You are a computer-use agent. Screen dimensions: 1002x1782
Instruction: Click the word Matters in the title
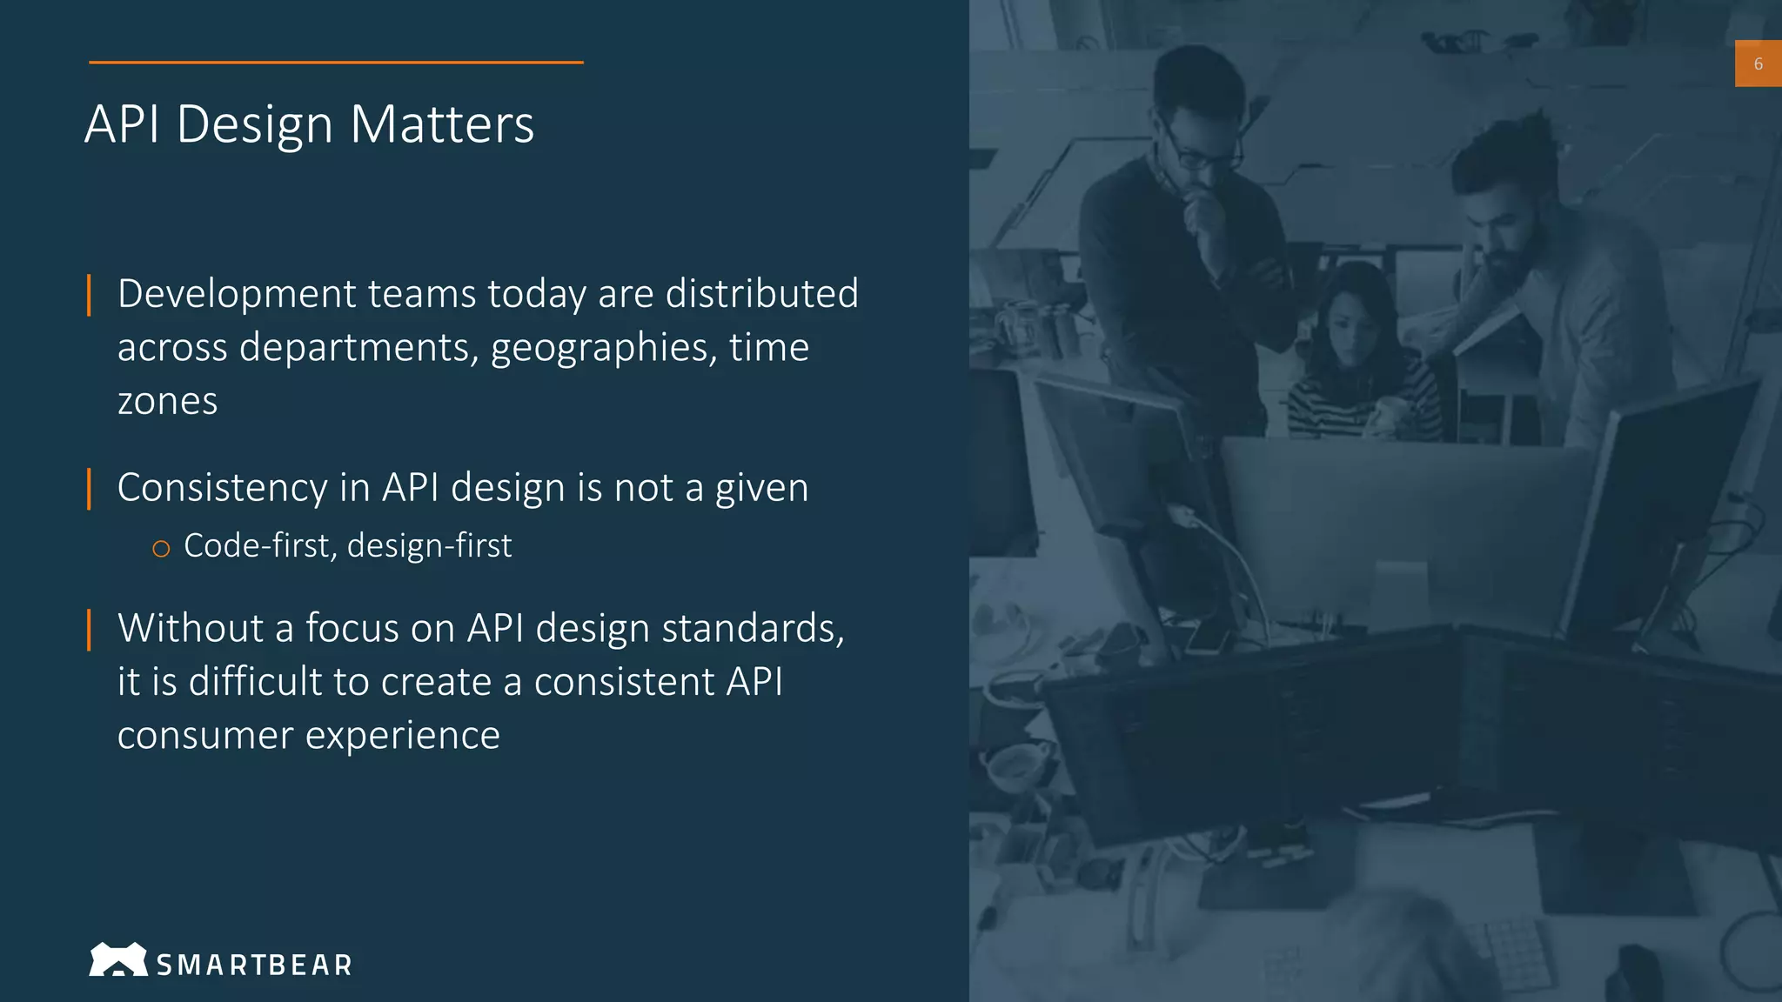coord(442,124)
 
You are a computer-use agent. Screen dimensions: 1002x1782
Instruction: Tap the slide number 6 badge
coord(1758,63)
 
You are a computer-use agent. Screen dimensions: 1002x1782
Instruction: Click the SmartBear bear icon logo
coord(117,959)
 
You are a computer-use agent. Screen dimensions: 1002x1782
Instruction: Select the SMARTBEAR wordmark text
coord(254,965)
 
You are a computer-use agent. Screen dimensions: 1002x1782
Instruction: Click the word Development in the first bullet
coord(236,294)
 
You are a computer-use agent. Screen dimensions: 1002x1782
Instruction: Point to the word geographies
coord(604,348)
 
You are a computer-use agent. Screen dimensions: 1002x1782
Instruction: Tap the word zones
coord(167,402)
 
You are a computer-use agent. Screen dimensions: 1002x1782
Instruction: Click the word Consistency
coord(222,488)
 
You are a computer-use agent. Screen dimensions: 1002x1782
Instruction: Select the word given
coord(761,488)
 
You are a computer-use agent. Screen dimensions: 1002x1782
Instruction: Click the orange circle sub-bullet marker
coord(161,548)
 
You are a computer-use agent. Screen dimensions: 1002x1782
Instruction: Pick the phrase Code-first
coord(258,546)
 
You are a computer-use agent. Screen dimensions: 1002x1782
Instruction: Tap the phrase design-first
coord(429,546)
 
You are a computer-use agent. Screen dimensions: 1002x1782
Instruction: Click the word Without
coord(191,628)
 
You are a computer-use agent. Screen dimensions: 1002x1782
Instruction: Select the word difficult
coord(255,682)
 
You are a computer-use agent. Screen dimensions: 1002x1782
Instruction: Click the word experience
coord(402,736)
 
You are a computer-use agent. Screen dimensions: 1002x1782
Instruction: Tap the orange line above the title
coord(336,63)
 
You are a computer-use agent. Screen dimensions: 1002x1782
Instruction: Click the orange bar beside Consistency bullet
coord(89,489)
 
